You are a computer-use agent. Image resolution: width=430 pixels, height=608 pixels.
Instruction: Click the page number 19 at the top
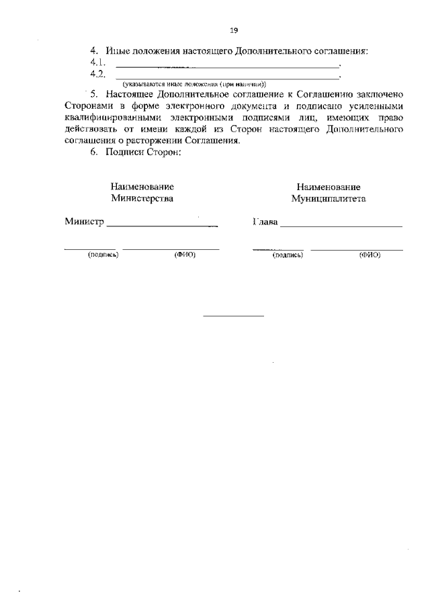pos(234,30)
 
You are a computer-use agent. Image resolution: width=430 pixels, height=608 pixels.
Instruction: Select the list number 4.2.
pos(99,74)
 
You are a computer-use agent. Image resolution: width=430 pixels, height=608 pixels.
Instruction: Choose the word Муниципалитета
pos(329,198)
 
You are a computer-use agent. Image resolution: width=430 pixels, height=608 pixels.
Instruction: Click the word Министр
pos(85,222)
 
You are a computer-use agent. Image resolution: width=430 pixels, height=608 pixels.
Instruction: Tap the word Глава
pos(265,222)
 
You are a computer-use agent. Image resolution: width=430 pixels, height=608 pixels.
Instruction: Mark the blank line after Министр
pos(163,227)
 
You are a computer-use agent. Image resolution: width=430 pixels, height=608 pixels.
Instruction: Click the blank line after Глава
pos(341,227)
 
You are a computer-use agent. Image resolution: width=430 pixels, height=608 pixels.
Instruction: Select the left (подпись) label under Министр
pos(103,255)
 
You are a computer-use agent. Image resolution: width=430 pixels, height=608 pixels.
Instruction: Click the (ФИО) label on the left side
pos(185,255)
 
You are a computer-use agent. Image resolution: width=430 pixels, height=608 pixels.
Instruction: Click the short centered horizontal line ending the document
pos(233,316)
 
